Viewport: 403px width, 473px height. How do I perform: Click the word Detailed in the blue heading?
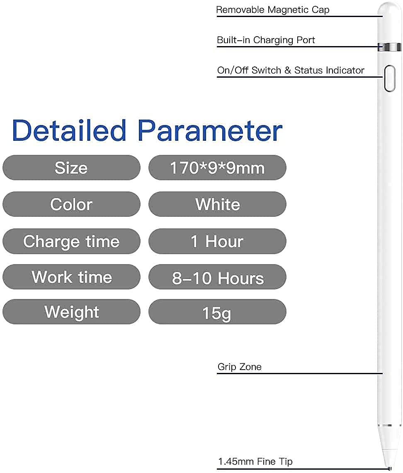pos(69,130)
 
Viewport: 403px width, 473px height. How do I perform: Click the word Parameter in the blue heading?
pos(210,130)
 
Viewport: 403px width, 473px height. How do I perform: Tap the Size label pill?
pos(71,168)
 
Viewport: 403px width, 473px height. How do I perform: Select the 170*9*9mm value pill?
pos(217,168)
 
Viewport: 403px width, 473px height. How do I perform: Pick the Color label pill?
pos(71,204)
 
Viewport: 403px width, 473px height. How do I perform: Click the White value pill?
pos(217,204)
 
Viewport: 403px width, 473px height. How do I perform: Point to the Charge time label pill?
pos(71,241)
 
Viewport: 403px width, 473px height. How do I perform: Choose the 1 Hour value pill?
pos(217,241)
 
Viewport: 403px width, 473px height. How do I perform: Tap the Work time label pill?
pos(71,277)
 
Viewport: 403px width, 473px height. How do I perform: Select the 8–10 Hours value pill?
pos(217,277)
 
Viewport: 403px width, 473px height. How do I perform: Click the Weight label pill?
pos(71,311)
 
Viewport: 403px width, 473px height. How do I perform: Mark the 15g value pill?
pos(217,311)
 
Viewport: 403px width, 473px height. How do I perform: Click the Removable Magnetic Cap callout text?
pos(273,10)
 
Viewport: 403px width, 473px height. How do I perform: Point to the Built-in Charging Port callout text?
pos(266,40)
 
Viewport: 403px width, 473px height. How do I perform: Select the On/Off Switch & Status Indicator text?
pos(291,70)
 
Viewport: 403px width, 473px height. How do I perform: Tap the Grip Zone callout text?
pos(240,367)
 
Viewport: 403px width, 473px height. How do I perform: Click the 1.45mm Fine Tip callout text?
pos(255,461)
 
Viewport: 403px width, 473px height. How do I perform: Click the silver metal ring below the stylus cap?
pos(389,47)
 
